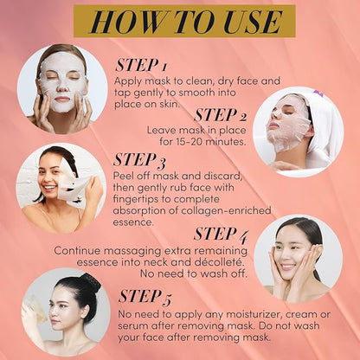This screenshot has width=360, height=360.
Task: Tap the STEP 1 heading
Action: (x=141, y=65)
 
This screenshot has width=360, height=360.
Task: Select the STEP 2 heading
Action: (x=221, y=115)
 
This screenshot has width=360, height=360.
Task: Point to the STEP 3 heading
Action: (x=139, y=160)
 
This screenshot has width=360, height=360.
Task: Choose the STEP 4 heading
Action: (x=221, y=235)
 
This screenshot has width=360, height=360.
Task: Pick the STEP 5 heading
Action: (x=145, y=297)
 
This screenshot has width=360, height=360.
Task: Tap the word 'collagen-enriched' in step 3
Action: (x=226, y=211)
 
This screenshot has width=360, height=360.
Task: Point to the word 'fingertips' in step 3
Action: (x=135, y=200)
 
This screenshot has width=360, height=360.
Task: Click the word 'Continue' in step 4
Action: (x=77, y=250)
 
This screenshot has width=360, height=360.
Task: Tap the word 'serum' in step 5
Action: (x=132, y=326)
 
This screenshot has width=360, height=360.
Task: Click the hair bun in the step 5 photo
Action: (x=91, y=282)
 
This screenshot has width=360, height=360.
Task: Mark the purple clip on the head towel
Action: (x=318, y=93)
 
